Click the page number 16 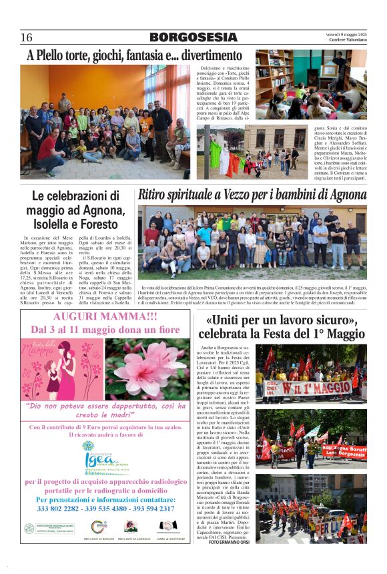point(27,37)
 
